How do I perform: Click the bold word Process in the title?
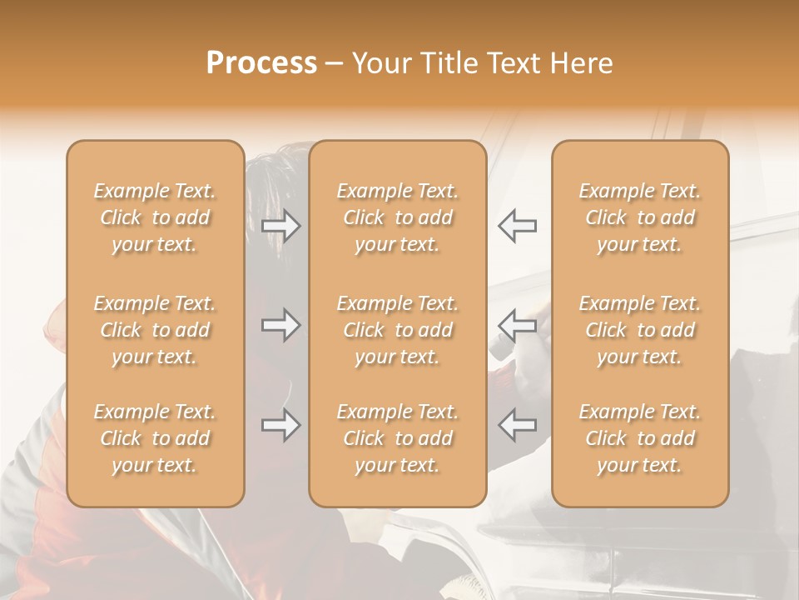coord(261,63)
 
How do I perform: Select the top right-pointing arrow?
coord(281,226)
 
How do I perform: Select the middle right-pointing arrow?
coord(281,325)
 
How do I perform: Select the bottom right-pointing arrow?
coord(281,426)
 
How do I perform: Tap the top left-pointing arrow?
coord(518,226)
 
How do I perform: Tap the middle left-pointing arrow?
coord(518,325)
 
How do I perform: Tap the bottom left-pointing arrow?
coord(518,426)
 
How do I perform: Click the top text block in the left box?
coord(155,217)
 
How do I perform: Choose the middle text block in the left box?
coord(155,330)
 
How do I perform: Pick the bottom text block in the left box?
coord(155,438)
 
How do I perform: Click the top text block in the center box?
coord(397,217)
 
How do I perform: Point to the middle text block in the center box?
coord(397,330)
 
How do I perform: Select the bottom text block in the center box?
coord(397,438)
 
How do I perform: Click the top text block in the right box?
coord(640,217)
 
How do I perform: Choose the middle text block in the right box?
coord(640,330)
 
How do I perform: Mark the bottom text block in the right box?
coord(640,438)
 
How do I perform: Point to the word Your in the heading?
coord(380,63)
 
